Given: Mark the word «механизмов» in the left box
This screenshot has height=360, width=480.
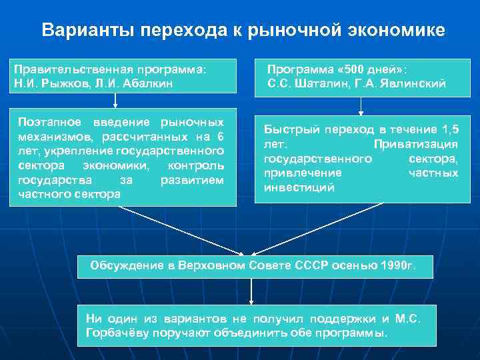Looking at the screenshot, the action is click(x=50, y=137).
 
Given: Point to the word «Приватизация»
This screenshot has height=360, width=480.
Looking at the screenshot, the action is click(x=416, y=144).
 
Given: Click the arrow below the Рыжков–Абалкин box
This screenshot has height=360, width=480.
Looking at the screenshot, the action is click(x=115, y=100).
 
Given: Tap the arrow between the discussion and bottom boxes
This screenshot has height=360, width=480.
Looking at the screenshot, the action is click(x=251, y=291).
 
